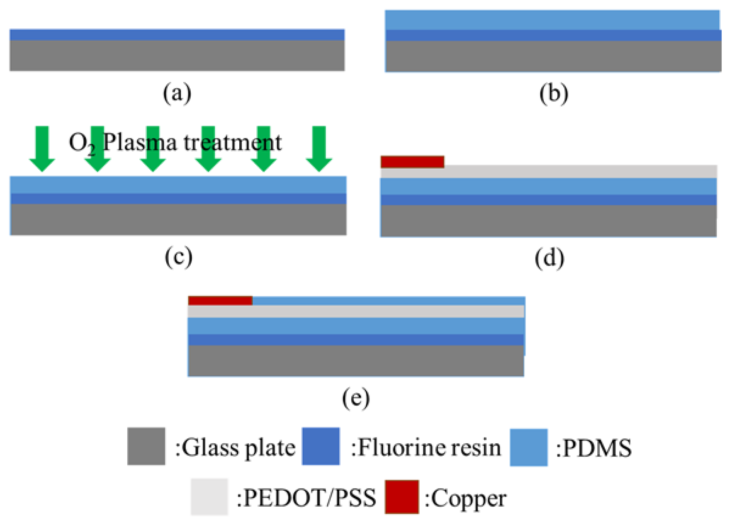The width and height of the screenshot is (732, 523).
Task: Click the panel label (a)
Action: (x=177, y=93)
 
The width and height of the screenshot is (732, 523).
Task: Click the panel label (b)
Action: (x=554, y=94)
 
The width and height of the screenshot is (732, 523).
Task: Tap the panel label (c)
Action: (x=178, y=257)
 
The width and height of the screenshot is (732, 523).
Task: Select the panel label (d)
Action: (x=549, y=259)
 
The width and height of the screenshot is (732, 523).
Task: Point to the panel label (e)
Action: (x=356, y=398)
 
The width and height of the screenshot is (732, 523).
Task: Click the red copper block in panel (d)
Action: (x=412, y=162)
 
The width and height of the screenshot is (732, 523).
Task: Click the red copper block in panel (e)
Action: (x=220, y=301)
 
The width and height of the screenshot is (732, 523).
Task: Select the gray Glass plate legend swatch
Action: (x=146, y=446)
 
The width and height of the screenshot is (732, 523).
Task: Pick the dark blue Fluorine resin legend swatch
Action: (x=321, y=446)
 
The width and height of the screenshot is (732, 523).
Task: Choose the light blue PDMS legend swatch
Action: (x=528, y=447)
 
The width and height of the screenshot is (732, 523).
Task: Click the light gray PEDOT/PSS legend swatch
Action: (x=209, y=497)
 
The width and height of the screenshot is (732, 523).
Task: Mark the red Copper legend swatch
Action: (x=401, y=497)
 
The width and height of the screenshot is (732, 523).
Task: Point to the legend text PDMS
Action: (x=596, y=448)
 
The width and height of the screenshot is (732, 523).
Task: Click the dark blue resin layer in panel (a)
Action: (x=177, y=35)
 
